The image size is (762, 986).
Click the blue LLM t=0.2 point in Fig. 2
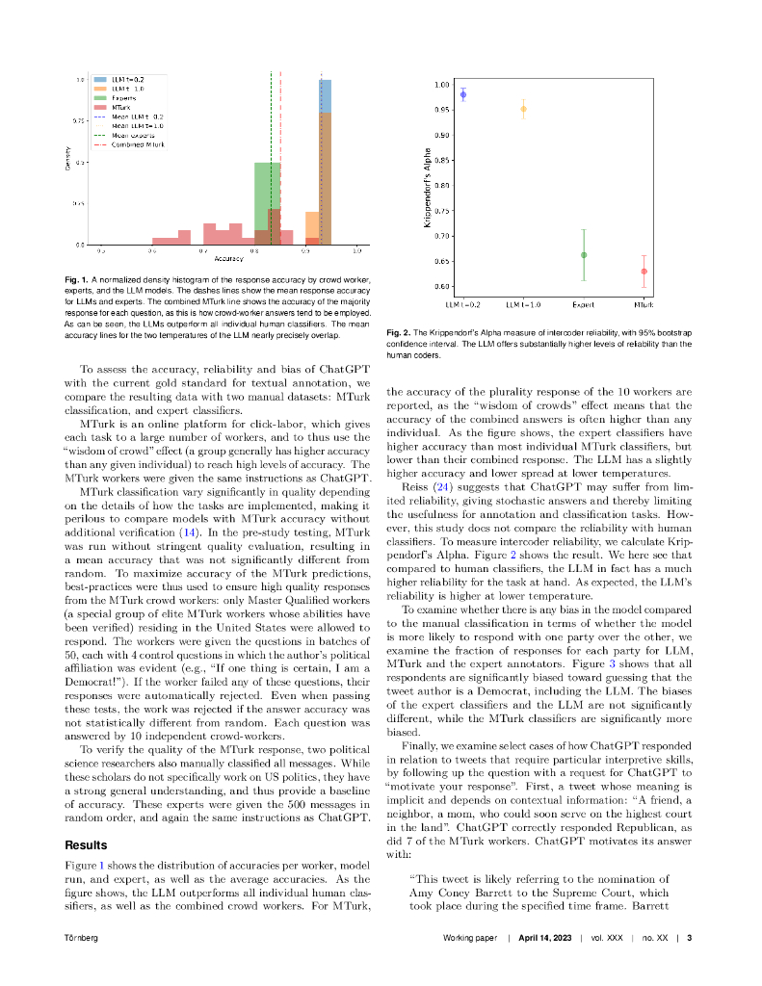click(x=463, y=94)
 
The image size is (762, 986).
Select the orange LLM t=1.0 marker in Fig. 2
click(x=523, y=109)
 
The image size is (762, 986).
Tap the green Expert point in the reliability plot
click(x=584, y=255)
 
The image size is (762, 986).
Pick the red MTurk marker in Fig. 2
click(x=644, y=272)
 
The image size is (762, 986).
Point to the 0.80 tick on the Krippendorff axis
click(x=442, y=185)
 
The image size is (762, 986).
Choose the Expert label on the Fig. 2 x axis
click(x=583, y=305)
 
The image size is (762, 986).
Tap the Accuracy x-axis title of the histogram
click(x=228, y=260)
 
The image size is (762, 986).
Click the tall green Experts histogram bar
click(x=267, y=203)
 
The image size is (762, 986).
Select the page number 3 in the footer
click(x=689, y=938)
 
